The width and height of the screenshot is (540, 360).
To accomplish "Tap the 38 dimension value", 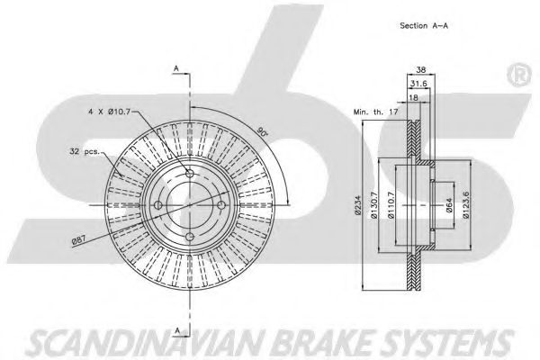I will (x=419, y=69).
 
